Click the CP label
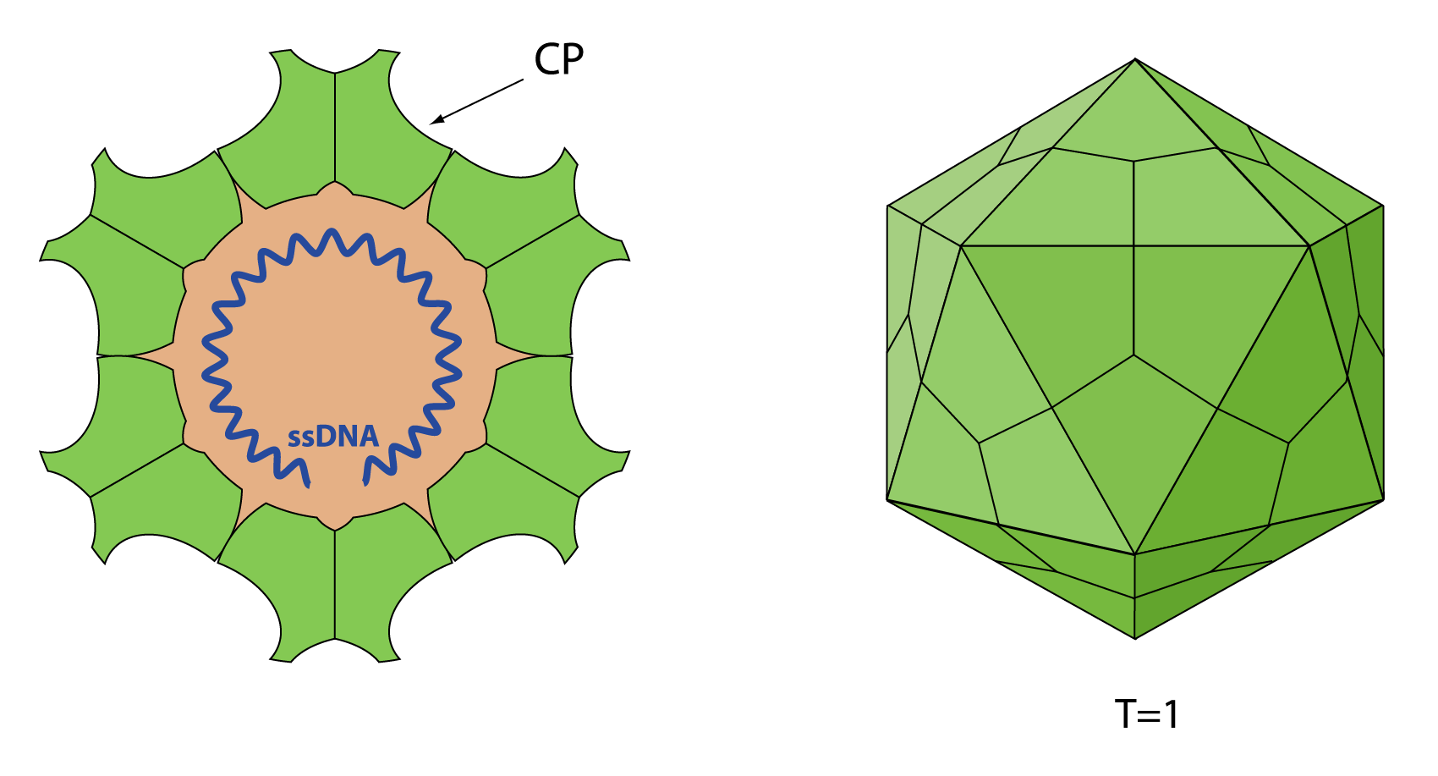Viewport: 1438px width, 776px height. (x=559, y=58)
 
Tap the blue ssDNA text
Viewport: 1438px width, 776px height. (x=333, y=437)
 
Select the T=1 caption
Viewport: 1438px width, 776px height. (x=1147, y=714)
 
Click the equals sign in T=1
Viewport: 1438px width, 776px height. (x=1149, y=716)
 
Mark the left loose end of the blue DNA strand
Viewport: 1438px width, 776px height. (x=307, y=485)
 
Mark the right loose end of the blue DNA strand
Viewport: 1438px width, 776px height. (x=365, y=482)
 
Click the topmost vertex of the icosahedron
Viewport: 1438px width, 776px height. (x=1135, y=59)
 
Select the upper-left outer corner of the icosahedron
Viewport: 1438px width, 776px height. (x=887, y=206)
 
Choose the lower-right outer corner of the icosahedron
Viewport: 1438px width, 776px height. (x=1384, y=500)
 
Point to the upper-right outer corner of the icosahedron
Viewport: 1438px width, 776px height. (x=1384, y=206)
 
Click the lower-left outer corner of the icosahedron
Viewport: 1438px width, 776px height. (x=887, y=500)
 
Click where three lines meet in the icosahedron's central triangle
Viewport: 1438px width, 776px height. (x=1134, y=355)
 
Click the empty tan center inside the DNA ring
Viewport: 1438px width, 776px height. (x=332, y=347)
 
